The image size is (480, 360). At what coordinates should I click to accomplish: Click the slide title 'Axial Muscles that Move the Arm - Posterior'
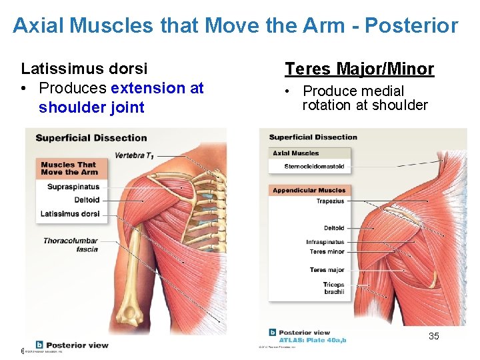pyautogui.click(x=235, y=26)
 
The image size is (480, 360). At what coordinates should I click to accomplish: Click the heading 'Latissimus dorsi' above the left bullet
pyautogui.click(x=85, y=69)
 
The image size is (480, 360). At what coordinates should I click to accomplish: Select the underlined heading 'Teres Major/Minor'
pyautogui.click(x=359, y=69)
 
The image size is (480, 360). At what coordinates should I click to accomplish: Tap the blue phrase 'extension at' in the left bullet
pyautogui.click(x=157, y=88)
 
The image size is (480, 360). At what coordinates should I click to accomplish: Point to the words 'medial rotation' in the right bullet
pyautogui.click(x=353, y=98)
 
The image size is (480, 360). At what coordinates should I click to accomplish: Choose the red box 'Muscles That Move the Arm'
pyautogui.click(x=68, y=168)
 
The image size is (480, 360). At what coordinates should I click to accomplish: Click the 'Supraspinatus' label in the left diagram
pyautogui.click(x=73, y=187)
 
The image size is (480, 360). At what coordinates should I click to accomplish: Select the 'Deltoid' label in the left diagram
pyautogui.click(x=87, y=200)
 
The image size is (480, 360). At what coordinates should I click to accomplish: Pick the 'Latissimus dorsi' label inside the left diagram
pyautogui.click(x=70, y=214)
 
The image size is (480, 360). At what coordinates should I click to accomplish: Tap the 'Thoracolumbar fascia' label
pyautogui.click(x=71, y=245)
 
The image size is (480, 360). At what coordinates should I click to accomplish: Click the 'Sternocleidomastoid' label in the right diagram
pyautogui.click(x=314, y=166)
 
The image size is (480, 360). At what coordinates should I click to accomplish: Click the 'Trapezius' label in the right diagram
pyautogui.click(x=330, y=201)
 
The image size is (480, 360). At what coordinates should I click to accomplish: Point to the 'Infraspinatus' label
pyautogui.click(x=325, y=242)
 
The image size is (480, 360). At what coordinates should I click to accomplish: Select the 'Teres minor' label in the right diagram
pyautogui.click(x=327, y=252)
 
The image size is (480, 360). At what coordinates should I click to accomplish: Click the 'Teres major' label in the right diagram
pyautogui.click(x=327, y=270)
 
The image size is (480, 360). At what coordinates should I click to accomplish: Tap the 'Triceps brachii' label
pyautogui.click(x=333, y=289)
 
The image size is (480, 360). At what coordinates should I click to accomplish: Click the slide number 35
pyautogui.click(x=433, y=336)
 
